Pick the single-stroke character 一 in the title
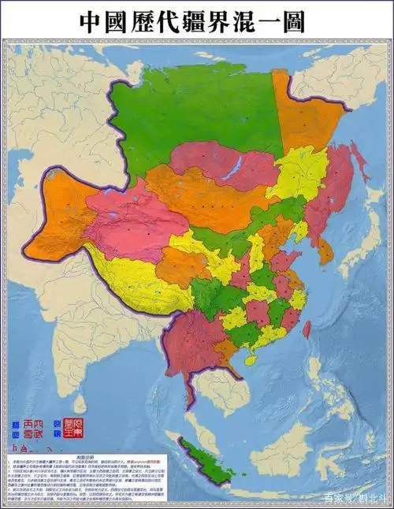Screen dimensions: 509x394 [x=277, y=22]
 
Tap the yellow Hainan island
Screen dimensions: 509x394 [x=250, y=359]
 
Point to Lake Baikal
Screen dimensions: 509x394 [x=236, y=165]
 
